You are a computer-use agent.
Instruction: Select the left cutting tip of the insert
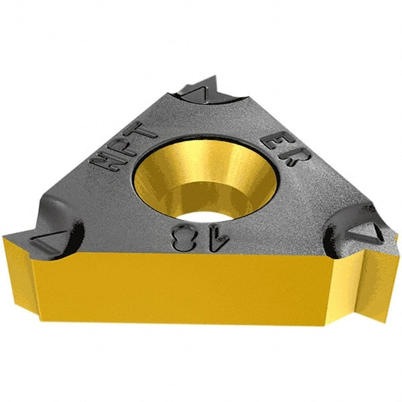click(13, 236)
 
